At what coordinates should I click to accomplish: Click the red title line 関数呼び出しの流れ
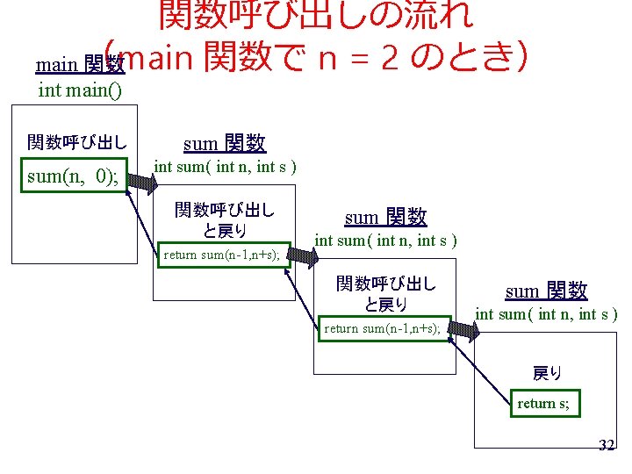(315, 14)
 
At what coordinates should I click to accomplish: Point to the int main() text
(80, 90)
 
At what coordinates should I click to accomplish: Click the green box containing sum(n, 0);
(73, 176)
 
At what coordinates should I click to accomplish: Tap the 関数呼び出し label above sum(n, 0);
(76, 142)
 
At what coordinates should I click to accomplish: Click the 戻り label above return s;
(548, 374)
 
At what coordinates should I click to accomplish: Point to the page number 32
(606, 446)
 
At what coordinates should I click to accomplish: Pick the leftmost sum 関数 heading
(224, 143)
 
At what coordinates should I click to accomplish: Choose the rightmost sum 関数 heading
(546, 291)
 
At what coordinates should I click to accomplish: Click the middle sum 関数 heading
(385, 217)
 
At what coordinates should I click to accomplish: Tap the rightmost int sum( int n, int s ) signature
(546, 314)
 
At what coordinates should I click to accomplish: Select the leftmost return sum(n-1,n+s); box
(221, 255)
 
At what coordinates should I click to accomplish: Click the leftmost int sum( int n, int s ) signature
(225, 167)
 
